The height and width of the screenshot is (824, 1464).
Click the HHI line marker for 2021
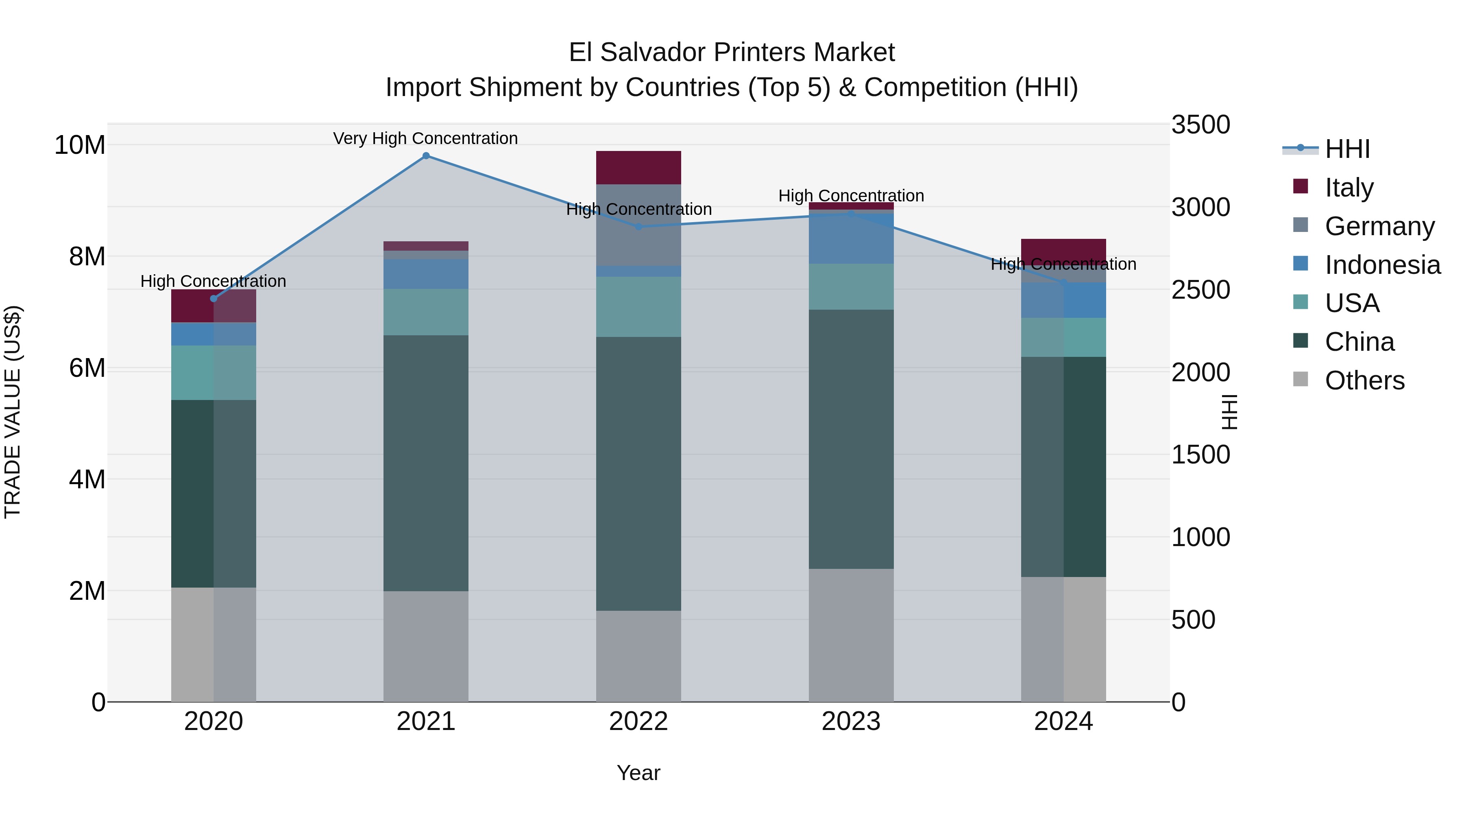click(x=426, y=156)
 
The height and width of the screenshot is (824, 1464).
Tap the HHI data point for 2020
click(x=213, y=299)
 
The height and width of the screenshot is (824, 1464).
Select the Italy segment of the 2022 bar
click(x=638, y=167)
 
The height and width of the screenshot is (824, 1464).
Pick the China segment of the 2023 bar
click(x=851, y=439)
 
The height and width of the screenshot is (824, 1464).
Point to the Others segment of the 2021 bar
click(x=426, y=647)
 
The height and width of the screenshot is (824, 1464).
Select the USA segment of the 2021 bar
click(x=426, y=312)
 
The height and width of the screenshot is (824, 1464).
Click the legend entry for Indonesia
click(x=1382, y=265)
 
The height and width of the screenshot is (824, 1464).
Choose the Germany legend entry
click(x=1379, y=226)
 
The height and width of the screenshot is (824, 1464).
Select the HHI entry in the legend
click(x=1347, y=149)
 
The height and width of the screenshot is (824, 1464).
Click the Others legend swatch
click(x=1301, y=379)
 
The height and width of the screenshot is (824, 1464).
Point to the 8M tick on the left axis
click(x=87, y=256)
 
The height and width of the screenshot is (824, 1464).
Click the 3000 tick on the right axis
click(x=1200, y=207)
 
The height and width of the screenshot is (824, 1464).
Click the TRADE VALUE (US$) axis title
click(x=13, y=412)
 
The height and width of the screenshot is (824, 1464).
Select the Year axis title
click(x=638, y=773)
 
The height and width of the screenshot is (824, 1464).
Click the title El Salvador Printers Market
click(x=732, y=52)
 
